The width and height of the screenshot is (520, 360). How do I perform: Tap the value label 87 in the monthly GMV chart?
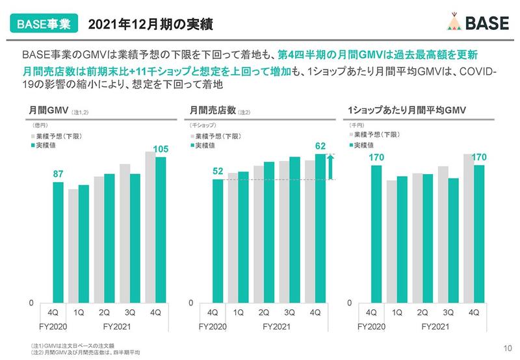coord(58,173)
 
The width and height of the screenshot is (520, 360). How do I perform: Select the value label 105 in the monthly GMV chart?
coord(161,149)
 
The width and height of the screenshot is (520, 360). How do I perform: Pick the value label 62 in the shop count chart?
coord(320,146)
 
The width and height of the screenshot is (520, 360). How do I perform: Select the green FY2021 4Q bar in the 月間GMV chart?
coord(161,227)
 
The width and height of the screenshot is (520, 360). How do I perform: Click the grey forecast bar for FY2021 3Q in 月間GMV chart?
coord(125,231)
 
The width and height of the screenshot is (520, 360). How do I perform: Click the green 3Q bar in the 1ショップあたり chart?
coord(453,238)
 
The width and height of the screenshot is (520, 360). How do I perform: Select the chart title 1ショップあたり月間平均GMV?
coord(402,111)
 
